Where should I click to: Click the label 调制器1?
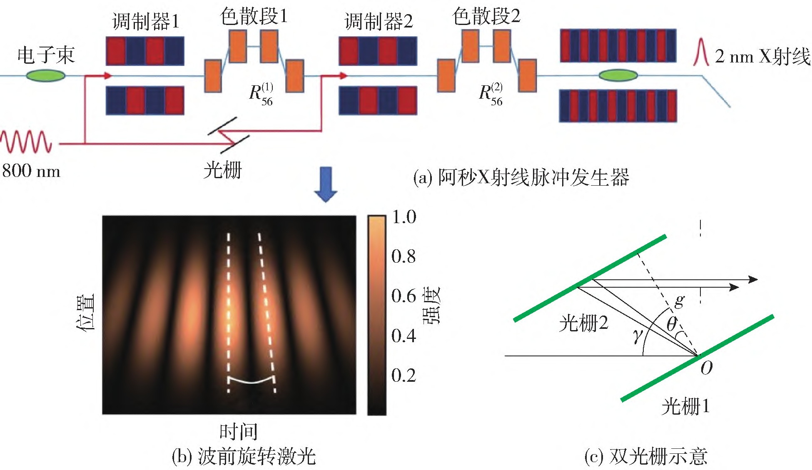tap(146, 21)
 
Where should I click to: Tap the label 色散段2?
tap(486, 16)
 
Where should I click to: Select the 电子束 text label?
tap(46, 55)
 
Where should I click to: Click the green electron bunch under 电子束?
tap(45, 76)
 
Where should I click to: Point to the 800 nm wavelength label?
tap(31, 171)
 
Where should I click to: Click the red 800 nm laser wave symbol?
tap(26, 142)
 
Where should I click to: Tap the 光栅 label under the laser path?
tap(222, 170)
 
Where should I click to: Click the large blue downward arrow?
tap(325, 184)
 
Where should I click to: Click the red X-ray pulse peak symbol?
tap(701, 52)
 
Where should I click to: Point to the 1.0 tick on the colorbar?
tap(404, 217)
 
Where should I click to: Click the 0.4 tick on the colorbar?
tap(404, 335)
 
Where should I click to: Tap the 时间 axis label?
tap(239, 431)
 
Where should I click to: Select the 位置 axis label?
tap(86, 313)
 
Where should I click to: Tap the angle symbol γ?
tap(637, 336)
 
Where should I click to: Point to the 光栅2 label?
tap(584, 323)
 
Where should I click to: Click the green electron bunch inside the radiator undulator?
tap(618, 75)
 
